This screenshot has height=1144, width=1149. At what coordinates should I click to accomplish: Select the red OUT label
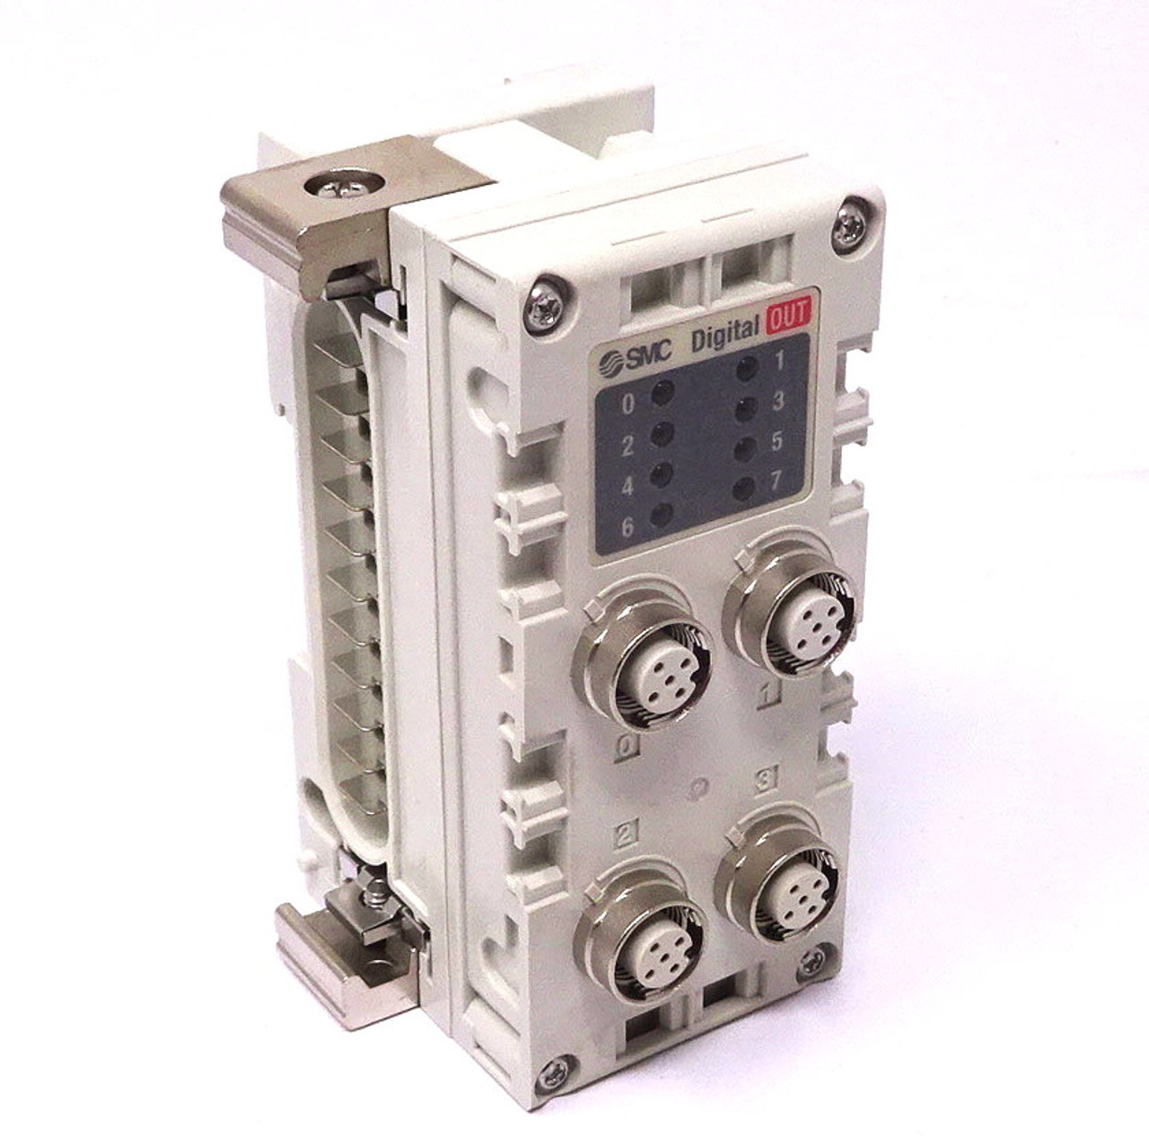pos(788,316)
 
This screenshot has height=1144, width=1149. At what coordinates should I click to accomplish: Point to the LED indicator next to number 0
pos(662,392)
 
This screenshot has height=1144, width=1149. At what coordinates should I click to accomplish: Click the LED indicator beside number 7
pos(743,488)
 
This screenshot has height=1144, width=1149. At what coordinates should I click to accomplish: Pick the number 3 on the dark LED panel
pos(777,401)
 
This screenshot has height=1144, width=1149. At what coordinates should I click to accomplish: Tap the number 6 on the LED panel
pos(627,527)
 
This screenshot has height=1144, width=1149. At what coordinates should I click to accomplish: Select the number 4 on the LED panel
pos(627,487)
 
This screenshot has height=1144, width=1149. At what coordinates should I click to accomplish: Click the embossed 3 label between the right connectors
pos(766,780)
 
